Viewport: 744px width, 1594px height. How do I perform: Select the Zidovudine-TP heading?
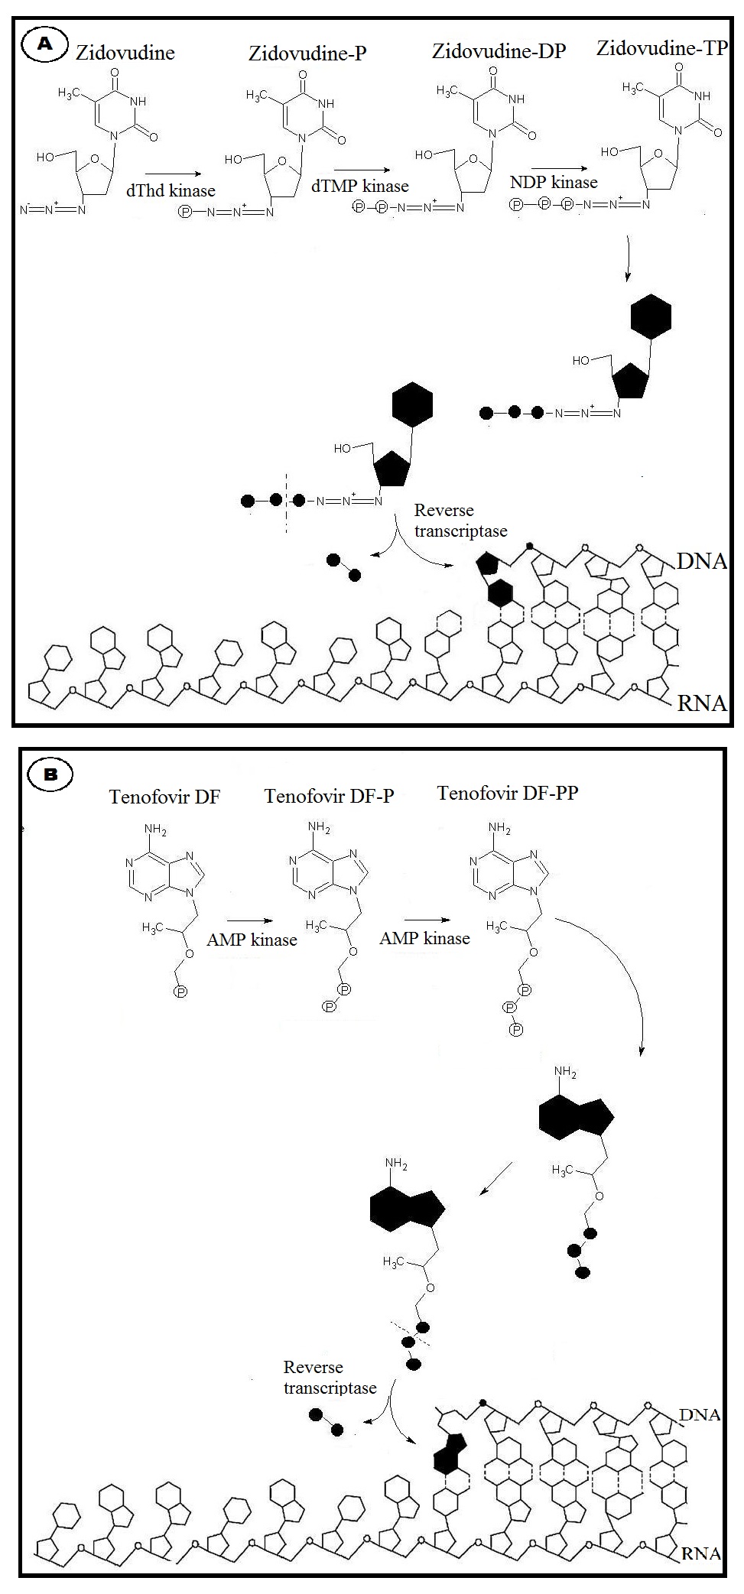(x=661, y=49)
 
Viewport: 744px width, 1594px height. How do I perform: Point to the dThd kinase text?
(x=171, y=191)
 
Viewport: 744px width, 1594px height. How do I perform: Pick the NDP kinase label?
(x=554, y=182)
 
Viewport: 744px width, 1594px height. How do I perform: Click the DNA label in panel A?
(x=701, y=562)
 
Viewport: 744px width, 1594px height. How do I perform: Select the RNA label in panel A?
(x=701, y=703)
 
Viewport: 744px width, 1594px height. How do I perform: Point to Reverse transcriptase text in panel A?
(x=460, y=520)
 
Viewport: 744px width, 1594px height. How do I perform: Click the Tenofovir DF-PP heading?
(x=507, y=793)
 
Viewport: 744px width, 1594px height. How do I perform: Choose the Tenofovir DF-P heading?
(x=329, y=796)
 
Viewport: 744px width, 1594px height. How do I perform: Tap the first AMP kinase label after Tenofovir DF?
(x=252, y=940)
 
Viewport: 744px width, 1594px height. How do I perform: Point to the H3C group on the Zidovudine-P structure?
(x=258, y=96)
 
